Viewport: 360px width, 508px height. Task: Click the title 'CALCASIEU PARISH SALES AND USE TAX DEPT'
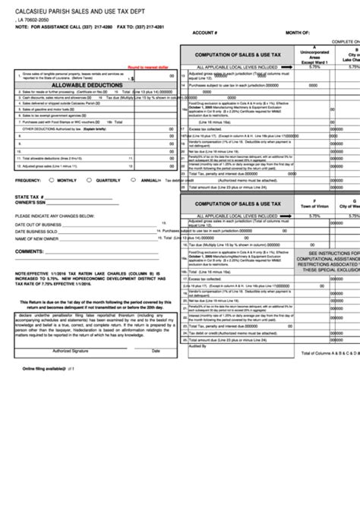point(85,10)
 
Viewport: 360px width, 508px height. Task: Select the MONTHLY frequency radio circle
point(50,180)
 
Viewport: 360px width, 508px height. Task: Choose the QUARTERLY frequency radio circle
point(90,180)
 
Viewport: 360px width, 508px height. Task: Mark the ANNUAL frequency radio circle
point(134,180)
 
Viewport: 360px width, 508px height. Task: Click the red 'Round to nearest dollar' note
point(152,67)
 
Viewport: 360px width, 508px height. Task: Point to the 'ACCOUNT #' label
point(205,34)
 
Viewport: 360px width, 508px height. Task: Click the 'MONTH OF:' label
point(297,34)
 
